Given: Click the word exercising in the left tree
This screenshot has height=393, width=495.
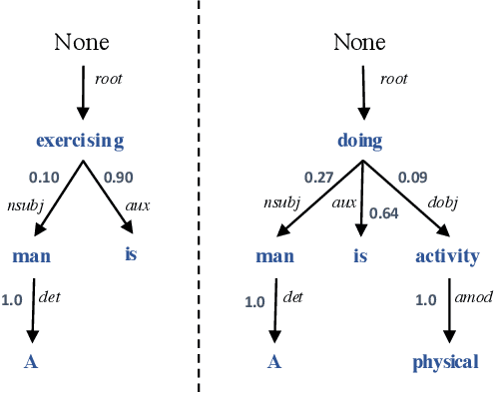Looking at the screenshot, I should pyautogui.click(x=80, y=141).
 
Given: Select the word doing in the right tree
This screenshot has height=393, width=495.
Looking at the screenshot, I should pyautogui.click(x=359, y=141).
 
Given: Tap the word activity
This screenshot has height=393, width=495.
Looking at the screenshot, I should pyautogui.click(x=448, y=255).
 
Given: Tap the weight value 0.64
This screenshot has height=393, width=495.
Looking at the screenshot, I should pyautogui.click(x=383, y=212).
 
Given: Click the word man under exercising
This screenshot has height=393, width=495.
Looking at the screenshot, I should pyautogui.click(x=31, y=255).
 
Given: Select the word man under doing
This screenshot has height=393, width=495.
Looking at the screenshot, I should pyautogui.click(x=274, y=255).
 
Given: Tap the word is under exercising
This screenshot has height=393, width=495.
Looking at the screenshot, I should pyautogui.click(x=131, y=253).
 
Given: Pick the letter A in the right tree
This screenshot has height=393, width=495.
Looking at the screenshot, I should pyautogui.click(x=274, y=361).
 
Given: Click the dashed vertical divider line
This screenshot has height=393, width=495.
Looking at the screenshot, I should pyautogui.click(x=198, y=199).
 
